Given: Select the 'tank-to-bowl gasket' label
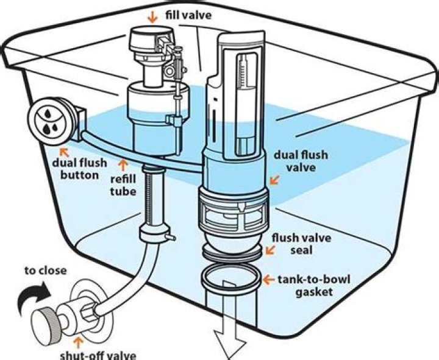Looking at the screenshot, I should [307, 286].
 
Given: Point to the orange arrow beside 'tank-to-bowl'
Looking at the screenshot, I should [268, 280].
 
